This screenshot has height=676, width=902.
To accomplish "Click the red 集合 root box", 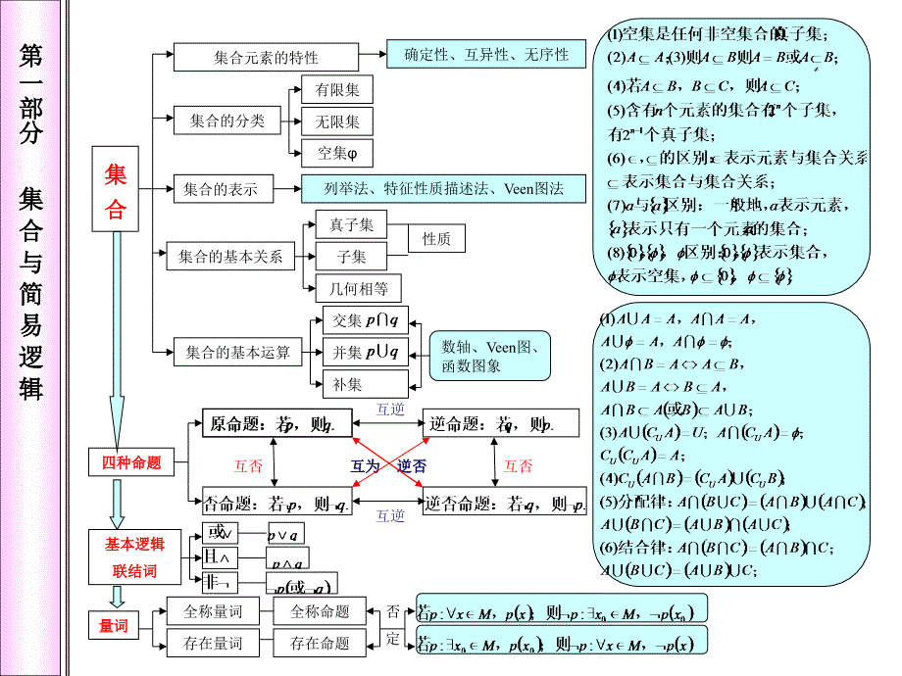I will pyautogui.click(x=116, y=193).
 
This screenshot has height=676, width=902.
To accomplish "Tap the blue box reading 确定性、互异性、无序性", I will pyautogui.click(x=486, y=55).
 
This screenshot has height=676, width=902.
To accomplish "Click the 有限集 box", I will pyautogui.click(x=337, y=91).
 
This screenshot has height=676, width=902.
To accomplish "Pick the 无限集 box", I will pyautogui.click(x=337, y=122).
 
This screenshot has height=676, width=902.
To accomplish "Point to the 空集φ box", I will pyautogui.click(x=337, y=153).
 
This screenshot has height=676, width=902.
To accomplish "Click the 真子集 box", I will pyautogui.click(x=351, y=224).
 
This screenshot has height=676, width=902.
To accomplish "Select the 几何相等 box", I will pyautogui.click(x=358, y=288).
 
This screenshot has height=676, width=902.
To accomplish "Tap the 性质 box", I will pyautogui.click(x=436, y=238).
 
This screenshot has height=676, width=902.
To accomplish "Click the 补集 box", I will pyautogui.click(x=347, y=384).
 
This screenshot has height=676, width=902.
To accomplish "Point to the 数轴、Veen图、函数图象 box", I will pyautogui.click(x=491, y=356).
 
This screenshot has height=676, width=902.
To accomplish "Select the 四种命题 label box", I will pyautogui.click(x=131, y=463).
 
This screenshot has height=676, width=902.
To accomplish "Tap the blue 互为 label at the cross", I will pyautogui.click(x=366, y=466).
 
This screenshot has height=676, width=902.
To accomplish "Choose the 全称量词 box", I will pyautogui.click(x=213, y=611).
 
